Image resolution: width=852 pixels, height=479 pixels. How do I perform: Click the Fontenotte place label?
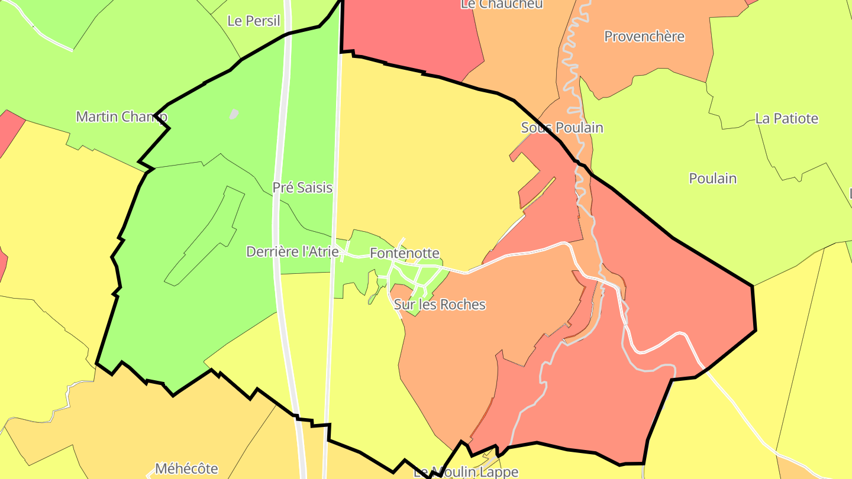click(x=405, y=254)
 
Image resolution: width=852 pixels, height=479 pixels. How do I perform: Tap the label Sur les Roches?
click(x=440, y=305)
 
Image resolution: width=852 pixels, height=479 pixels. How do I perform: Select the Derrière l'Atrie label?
click(x=292, y=252)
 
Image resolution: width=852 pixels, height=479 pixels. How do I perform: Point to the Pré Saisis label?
click(x=302, y=188)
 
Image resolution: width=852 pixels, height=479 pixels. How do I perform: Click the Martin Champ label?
click(x=121, y=116)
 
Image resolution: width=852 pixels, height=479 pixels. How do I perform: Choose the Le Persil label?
click(x=254, y=21)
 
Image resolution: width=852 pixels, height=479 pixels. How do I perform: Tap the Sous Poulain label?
click(x=562, y=128)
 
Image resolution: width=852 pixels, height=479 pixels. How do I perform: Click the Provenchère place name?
click(x=644, y=37)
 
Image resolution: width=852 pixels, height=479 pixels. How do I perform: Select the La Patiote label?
click(x=786, y=119)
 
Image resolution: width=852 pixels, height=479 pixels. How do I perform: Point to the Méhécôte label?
click(x=186, y=469)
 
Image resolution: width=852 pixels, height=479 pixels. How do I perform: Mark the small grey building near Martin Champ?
click(x=234, y=114)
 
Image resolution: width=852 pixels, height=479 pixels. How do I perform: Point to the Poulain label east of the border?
click(x=712, y=179)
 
